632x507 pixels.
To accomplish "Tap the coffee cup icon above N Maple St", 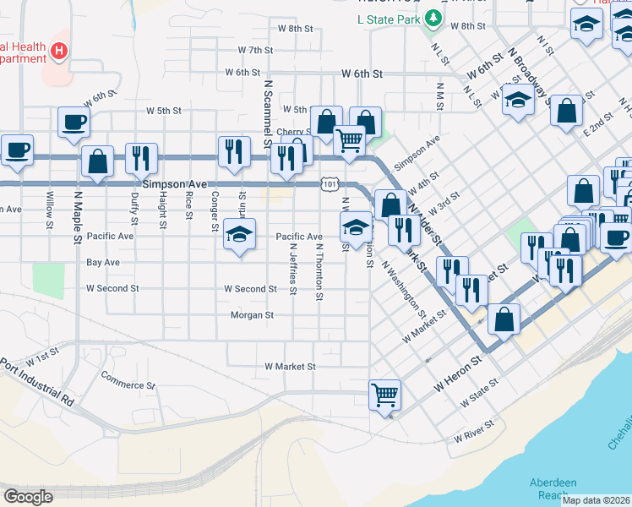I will [74, 122].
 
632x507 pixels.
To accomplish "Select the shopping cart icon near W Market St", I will [384, 395].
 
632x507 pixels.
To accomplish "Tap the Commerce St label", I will [128, 379].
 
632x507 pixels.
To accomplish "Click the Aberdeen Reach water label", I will [553, 488].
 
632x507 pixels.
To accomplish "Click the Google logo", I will [28, 496].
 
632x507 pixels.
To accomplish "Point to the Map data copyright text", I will [596, 499].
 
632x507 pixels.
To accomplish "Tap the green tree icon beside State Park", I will [433, 17].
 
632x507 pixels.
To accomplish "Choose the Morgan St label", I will [252, 315].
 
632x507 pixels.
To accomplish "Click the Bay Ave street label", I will [103, 263].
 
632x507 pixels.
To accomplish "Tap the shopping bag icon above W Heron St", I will [504, 319].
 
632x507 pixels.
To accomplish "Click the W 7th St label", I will [255, 51].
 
